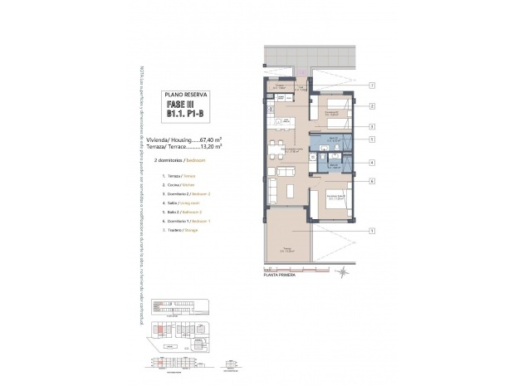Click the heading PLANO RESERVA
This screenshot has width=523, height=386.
(x=186, y=95)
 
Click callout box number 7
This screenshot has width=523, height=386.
(x=373, y=86)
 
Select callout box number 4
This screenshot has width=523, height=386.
(x=373, y=163)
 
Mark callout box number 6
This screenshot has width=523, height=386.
(x=373, y=181)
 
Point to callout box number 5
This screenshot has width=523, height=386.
(x=373, y=139)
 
